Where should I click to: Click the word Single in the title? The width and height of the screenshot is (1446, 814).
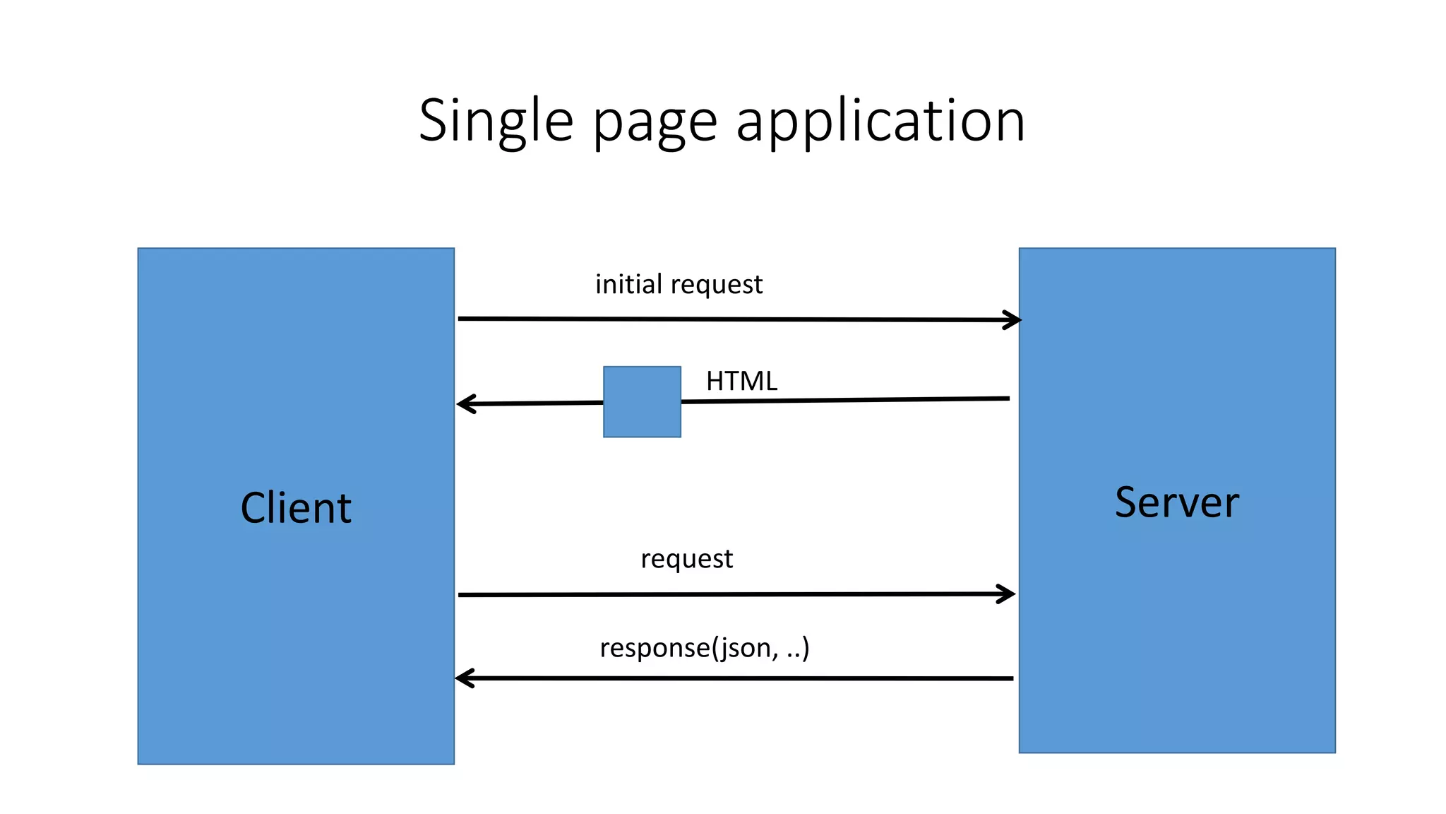(x=496, y=122)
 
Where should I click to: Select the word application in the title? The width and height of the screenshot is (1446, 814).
(x=880, y=122)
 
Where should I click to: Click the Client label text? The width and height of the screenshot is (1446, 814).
(x=296, y=508)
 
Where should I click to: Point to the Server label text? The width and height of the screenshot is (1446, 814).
(x=1177, y=502)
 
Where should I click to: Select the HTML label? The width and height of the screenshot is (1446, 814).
(x=741, y=382)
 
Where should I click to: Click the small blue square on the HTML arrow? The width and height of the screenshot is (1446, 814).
(x=642, y=401)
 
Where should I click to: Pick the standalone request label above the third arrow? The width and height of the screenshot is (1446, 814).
(x=686, y=560)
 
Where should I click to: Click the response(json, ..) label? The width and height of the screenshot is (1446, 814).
(x=704, y=647)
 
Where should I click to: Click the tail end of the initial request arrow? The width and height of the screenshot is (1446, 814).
(x=461, y=319)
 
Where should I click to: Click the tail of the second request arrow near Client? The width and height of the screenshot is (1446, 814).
(x=461, y=595)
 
